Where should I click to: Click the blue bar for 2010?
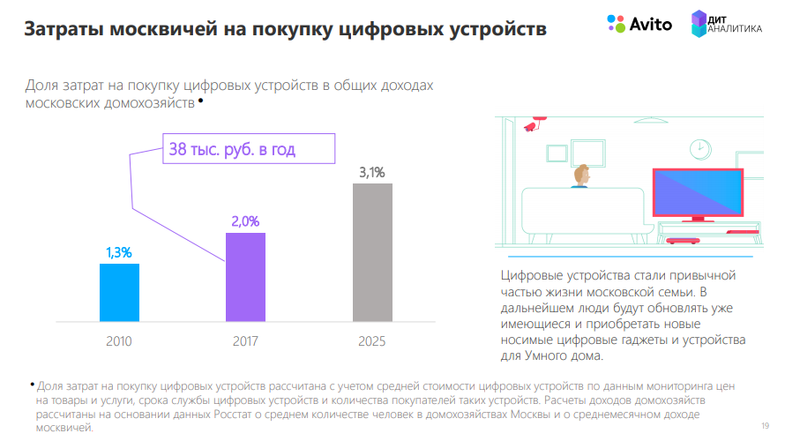pyautogui.click(x=119, y=292)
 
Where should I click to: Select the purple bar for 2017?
pyautogui.click(x=245, y=276)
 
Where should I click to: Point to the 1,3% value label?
pyautogui.click(x=119, y=253)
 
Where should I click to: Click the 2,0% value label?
pyautogui.click(x=245, y=221)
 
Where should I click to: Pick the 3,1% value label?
pyautogui.click(x=371, y=173)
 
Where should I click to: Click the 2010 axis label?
pyautogui.click(x=119, y=340)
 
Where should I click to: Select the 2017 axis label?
pyautogui.click(x=245, y=340)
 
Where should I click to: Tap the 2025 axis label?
pyautogui.click(x=372, y=340)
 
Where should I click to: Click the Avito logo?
pyautogui.click(x=639, y=24)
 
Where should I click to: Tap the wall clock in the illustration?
pyautogui.click(x=700, y=147)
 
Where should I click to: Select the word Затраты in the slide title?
pyautogui.click(x=64, y=29)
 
